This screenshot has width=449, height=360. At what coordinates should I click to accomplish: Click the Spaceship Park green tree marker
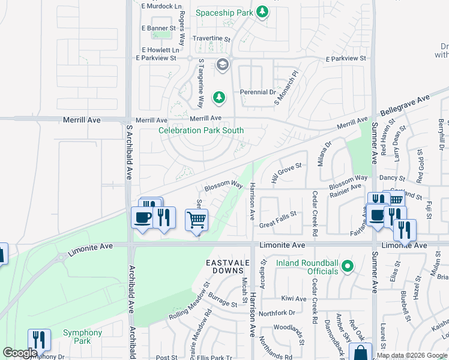pos(262,11)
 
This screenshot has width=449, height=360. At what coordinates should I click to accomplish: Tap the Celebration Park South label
pos(200,130)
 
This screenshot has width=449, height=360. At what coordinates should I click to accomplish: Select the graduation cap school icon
pos(223,65)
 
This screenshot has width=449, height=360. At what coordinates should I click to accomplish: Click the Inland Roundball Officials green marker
pos(346,265)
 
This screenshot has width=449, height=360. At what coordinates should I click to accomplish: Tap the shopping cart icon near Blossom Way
pos(197,220)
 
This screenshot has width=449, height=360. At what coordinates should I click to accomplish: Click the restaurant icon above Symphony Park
pos(39,340)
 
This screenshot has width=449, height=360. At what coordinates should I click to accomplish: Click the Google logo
pos(20,353)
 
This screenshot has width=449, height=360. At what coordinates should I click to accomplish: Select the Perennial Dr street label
pos(258,92)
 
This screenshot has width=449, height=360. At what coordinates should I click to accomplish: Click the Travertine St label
pos(211,38)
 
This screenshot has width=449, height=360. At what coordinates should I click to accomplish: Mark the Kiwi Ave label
pos(294,298)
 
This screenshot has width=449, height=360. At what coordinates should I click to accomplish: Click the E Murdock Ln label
pos(161,6)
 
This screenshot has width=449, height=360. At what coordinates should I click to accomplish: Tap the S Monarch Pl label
pos(286,88)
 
